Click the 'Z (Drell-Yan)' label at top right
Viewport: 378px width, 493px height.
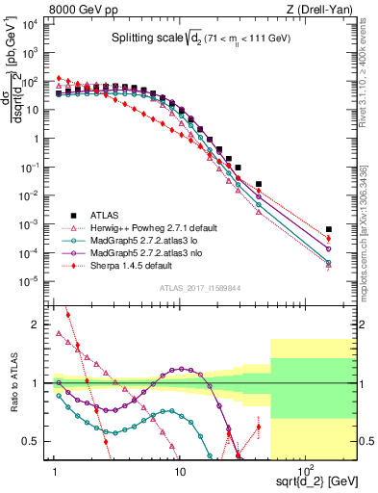point(324,10)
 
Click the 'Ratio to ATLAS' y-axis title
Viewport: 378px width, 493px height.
point(13,384)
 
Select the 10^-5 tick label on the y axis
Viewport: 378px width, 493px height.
point(30,281)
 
